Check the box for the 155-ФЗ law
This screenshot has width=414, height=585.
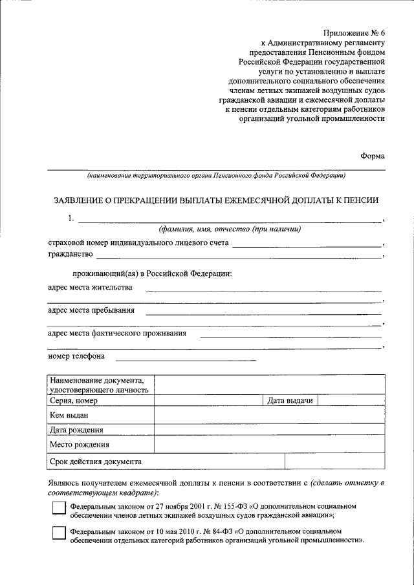[x=59, y=508]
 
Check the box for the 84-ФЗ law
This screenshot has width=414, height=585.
[x=59, y=534]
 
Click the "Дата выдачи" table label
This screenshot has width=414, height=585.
[x=290, y=401]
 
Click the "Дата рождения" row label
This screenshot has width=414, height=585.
[x=76, y=430]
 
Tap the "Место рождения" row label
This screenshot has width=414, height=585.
[x=79, y=445]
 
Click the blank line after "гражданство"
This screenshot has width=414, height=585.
[x=239, y=257]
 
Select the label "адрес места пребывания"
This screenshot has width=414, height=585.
[x=91, y=310]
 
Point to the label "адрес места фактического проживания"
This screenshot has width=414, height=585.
[x=117, y=334]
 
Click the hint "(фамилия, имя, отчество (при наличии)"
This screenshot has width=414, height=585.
[x=230, y=229]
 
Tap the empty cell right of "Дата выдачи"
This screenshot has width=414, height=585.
[x=349, y=401]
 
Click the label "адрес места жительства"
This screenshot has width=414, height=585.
[x=90, y=288]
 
